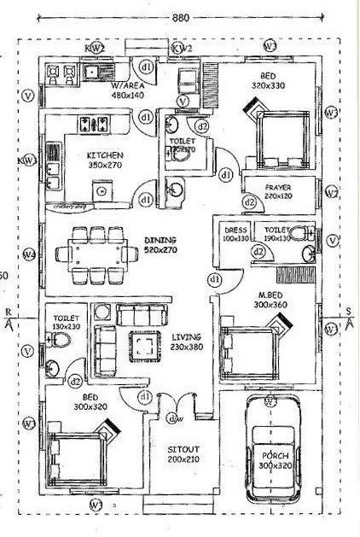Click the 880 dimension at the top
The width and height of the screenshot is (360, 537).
180,16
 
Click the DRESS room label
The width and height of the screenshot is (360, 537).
235,231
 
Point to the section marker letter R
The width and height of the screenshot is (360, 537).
9,312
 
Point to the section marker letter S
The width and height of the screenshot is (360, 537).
348,312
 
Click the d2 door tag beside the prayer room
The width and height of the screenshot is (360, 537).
250,201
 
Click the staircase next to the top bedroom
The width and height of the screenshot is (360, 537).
212,85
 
